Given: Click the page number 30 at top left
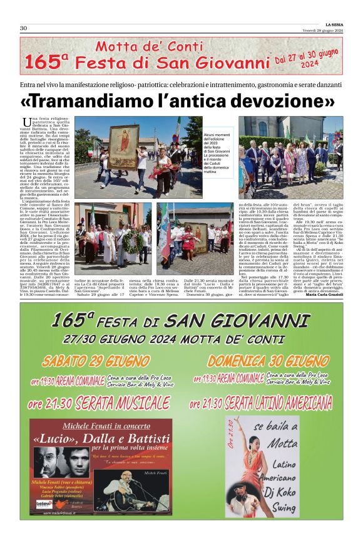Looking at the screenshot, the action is pyautogui.click(x=23, y=28).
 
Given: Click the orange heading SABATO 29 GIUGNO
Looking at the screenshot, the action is pyautogui.click(x=89, y=361).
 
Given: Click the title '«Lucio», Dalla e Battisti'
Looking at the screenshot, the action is pyautogui.click(x=101, y=438).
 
